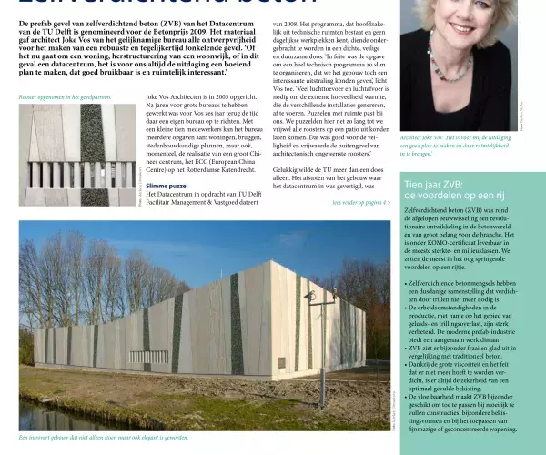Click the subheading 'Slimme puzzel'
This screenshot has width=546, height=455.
click(167, 185)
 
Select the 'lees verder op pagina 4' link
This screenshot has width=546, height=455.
click(360, 202)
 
